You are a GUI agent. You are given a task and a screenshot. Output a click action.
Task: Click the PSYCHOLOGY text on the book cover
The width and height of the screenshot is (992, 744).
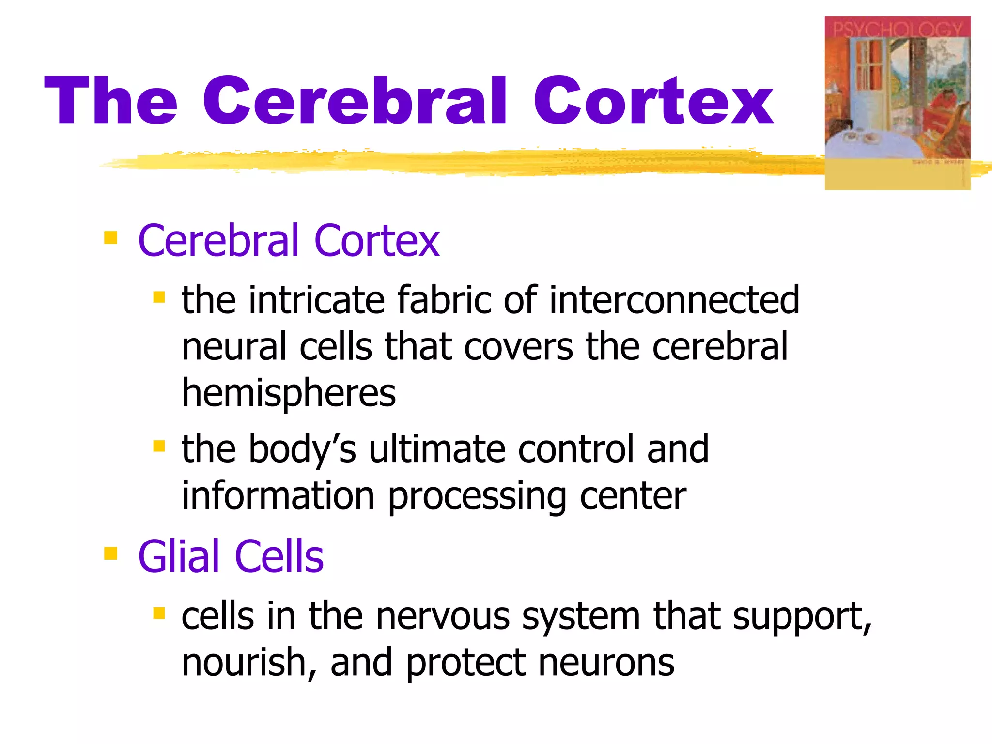click(x=897, y=30)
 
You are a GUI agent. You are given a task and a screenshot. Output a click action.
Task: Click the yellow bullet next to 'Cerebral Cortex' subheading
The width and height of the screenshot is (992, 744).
click(x=111, y=237)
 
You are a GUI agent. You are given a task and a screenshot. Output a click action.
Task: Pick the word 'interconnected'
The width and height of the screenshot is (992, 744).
click(x=674, y=300)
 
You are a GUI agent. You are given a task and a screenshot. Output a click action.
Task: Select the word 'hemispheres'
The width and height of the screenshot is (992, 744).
click(x=289, y=393)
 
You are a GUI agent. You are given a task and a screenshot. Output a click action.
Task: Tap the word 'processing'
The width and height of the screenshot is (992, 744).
click(x=477, y=497)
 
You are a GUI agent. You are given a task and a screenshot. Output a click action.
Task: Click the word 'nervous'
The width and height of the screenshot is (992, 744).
click(x=443, y=616)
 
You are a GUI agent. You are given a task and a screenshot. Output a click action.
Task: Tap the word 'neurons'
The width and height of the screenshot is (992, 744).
click(x=606, y=663)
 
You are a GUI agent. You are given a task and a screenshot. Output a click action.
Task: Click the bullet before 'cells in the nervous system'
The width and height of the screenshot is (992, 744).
click(x=159, y=613)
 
